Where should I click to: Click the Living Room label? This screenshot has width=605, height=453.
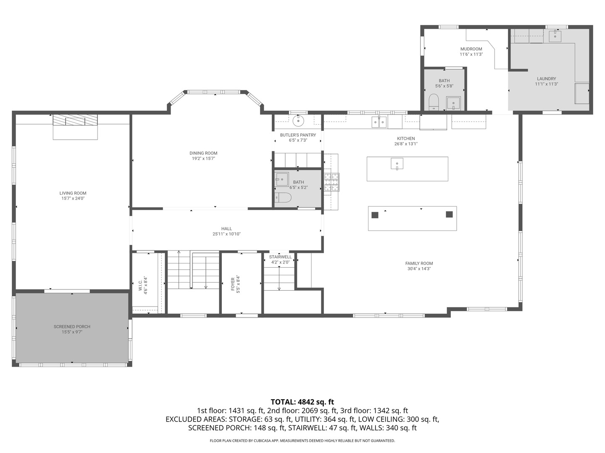click(73, 193)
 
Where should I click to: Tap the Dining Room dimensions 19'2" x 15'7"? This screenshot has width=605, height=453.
click(203, 159)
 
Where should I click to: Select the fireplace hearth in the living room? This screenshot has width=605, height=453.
click(75, 127)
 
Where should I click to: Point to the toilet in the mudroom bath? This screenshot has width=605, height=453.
click(434, 102)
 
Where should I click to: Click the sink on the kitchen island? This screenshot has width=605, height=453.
click(397, 164)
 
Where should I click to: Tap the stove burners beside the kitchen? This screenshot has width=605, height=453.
click(331, 182)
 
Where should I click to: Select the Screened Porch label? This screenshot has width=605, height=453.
click(72, 326)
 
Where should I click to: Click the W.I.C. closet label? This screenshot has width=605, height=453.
click(140, 286)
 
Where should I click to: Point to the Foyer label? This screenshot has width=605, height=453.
click(233, 284)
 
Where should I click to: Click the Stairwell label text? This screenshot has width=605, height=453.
click(280, 257)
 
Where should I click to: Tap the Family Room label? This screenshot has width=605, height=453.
click(419, 263)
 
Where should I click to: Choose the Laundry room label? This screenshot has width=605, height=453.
click(546, 79)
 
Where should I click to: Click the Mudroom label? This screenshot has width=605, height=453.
click(471, 49)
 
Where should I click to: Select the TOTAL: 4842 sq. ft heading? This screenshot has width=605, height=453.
click(302, 402)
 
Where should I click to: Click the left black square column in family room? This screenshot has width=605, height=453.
click(375, 215)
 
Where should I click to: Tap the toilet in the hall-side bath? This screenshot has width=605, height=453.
click(283, 198)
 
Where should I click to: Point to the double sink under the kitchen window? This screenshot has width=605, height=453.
click(379, 122)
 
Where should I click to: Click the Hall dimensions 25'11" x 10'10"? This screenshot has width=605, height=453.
click(226, 234)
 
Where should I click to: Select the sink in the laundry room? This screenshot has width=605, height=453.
click(555, 36)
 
